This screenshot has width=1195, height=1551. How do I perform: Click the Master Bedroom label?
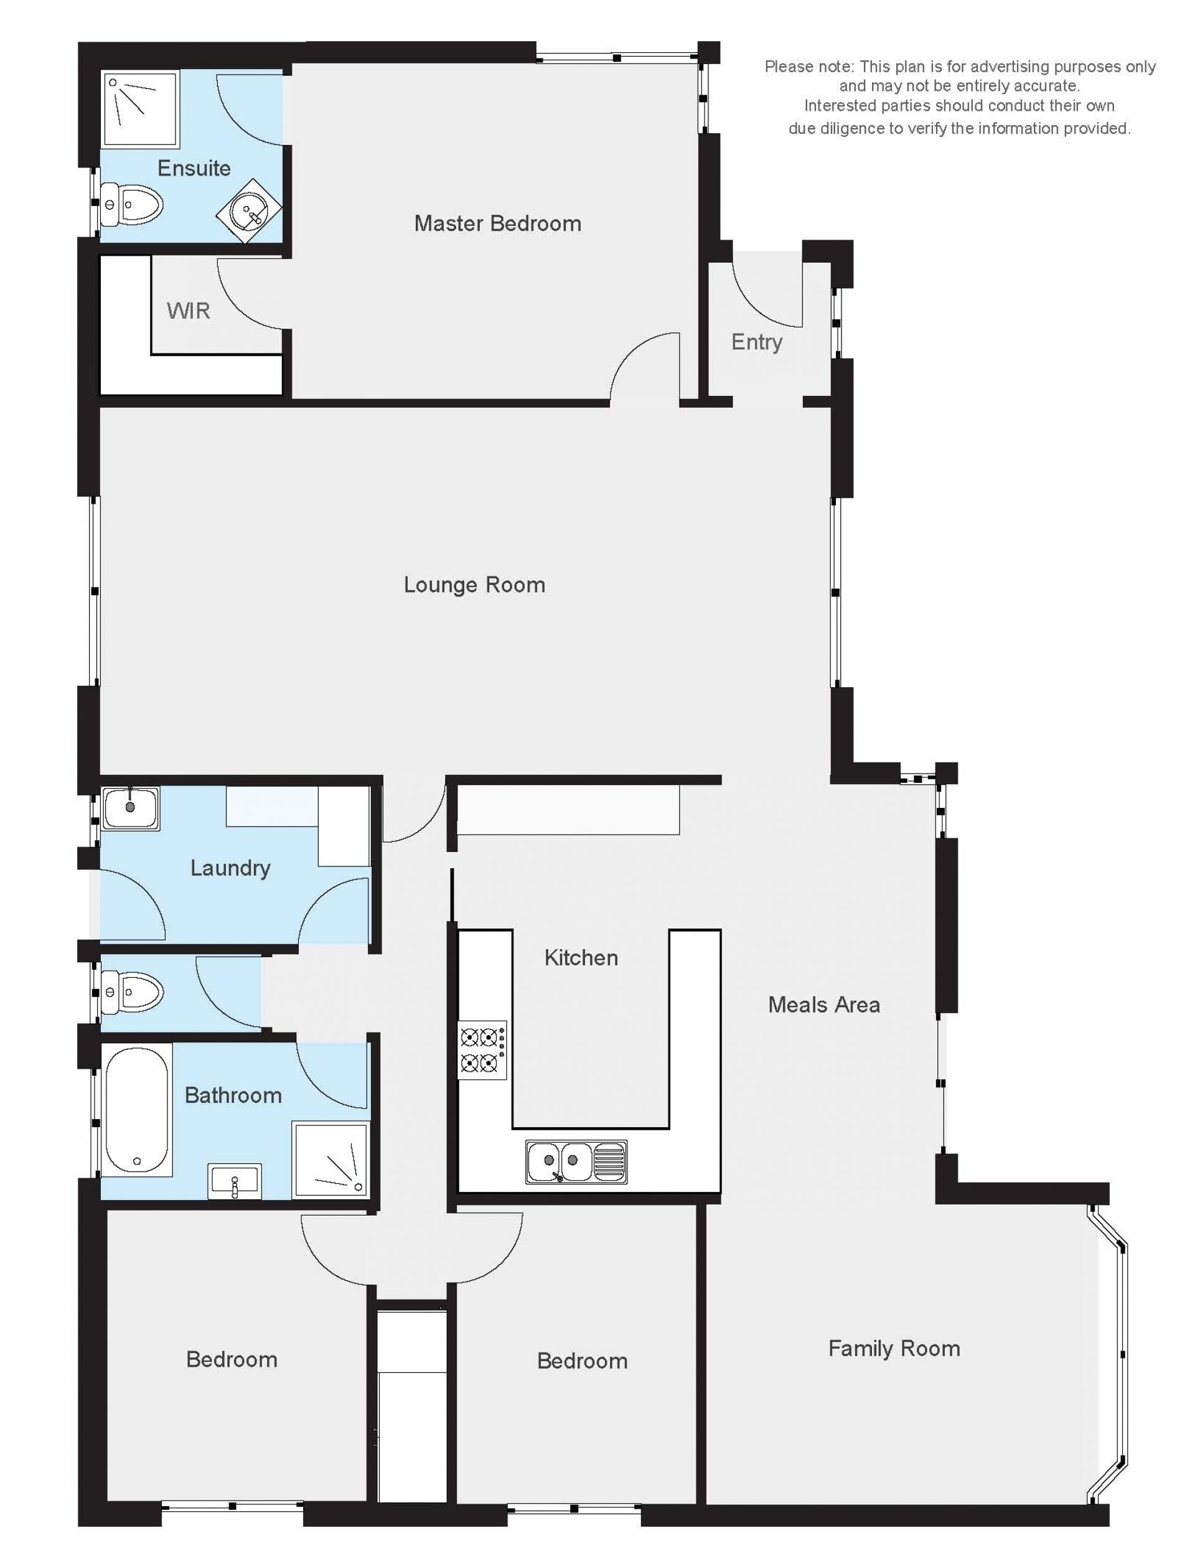tap(497, 223)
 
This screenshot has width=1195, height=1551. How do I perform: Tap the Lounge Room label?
tap(474, 584)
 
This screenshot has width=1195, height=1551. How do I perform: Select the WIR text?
tap(188, 311)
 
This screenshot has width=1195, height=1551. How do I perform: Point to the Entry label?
tap(757, 342)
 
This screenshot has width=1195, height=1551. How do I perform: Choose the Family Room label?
tap(894, 1348)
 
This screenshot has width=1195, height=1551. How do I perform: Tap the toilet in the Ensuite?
tap(132, 205)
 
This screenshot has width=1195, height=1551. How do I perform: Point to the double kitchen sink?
tap(576, 1162)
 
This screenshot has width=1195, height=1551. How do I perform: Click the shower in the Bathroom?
tap(332, 1160)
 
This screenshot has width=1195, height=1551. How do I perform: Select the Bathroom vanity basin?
tap(234, 1182)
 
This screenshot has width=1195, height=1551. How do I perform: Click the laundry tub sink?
tap(131, 807)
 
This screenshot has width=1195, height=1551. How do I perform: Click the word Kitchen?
tap(581, 957)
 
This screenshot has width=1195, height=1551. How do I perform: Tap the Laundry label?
tap(230, 868)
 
